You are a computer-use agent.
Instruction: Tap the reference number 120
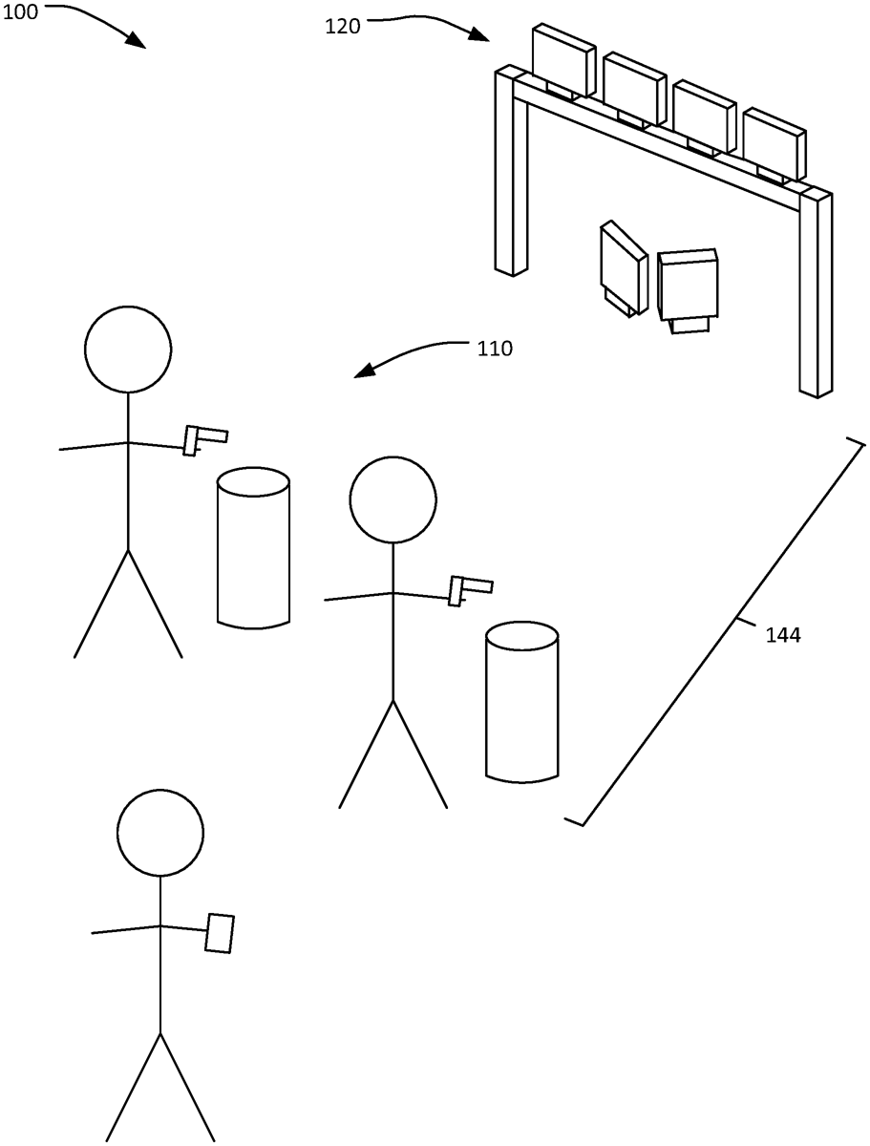point(343,27)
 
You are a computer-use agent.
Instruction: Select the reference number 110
point(495,349)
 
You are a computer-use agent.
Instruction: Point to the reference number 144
point(783,635)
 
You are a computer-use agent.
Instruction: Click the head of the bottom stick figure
point(160,833)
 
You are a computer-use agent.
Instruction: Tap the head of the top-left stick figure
point(128,350)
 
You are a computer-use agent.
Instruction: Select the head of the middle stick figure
point(393,499)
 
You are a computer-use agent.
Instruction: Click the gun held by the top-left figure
point(204,438)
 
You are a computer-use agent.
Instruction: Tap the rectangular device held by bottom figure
point(220,932)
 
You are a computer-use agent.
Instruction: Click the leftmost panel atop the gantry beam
point(563,59)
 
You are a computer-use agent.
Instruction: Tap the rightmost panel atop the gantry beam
point(775,143)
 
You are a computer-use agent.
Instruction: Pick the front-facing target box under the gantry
point(688,286)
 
